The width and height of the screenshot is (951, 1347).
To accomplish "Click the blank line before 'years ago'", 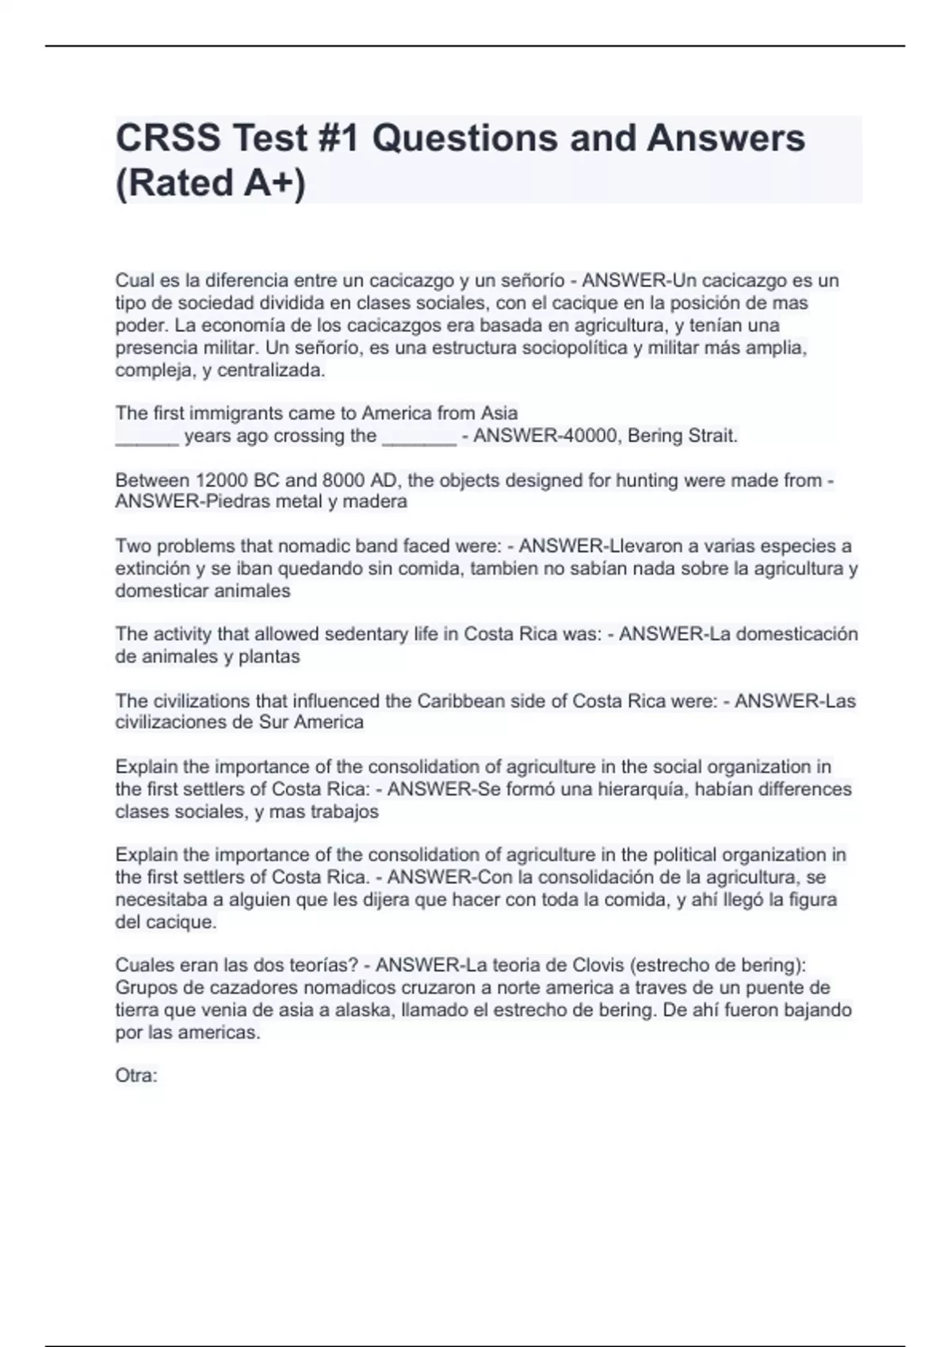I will pyautogui.click(x=147, y=437).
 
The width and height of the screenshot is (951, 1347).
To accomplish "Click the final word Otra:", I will pyautogui.click(x=136, y=1076).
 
